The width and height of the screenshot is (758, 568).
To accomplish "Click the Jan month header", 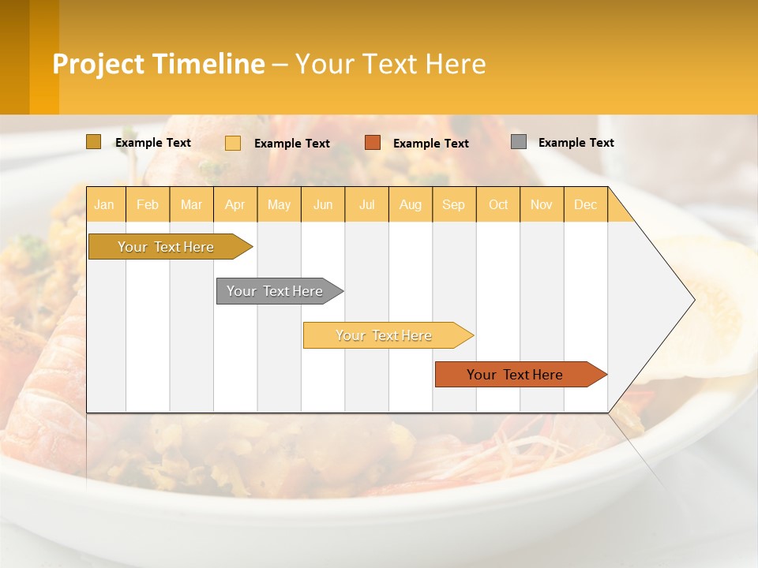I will pos(104,205).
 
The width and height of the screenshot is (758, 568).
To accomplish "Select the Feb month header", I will pos(148,205).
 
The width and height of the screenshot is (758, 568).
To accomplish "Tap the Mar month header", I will pos(191,205).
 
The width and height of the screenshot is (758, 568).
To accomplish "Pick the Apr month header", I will pos(235,205).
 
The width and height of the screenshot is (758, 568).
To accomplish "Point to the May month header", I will pos(279,205).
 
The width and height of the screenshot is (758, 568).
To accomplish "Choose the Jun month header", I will pos(323,205).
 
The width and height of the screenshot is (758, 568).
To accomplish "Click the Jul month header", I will pos(366,205).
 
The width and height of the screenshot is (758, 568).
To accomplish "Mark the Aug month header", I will pos(411,205).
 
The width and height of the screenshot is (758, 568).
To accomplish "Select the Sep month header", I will pos(454,205).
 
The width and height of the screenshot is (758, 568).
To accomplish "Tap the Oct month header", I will pos(498,205).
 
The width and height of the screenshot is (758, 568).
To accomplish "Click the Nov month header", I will pos(542,205).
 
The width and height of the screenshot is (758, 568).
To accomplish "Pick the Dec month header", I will pos(586,205).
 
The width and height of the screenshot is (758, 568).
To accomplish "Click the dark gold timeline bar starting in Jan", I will pos(166,247).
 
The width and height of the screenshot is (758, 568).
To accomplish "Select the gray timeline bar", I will pos(275,291).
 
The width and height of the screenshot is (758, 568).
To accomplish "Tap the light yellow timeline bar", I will pos(384,335).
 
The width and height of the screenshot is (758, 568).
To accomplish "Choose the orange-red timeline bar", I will pos(515,375).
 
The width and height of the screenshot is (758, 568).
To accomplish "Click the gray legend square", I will pos(519,142).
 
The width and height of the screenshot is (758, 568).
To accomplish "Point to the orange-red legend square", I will pos(373,143).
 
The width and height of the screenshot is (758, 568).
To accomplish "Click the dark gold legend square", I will pos(93,142).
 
